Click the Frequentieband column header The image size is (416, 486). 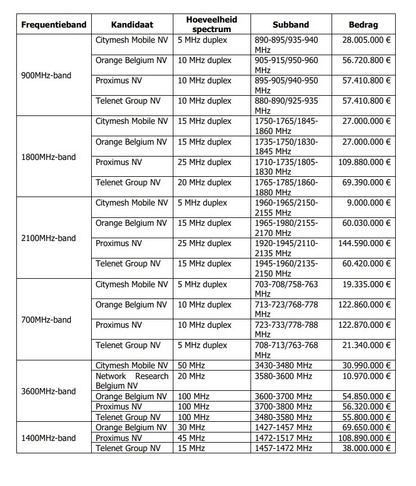pos(53,25)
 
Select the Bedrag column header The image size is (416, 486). pos(363,25)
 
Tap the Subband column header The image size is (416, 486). pos(290,25)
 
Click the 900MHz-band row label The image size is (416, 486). pos(46,75)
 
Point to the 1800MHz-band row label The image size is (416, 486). pos(48,157)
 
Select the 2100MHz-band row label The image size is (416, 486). pos(48,238)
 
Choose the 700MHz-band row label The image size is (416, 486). pos(46,319)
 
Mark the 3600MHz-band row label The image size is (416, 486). pos(48,391)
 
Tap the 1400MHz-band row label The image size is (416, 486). pos(48,438)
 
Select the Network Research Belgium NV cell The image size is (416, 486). pos(132,381)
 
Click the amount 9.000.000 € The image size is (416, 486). pos(369,203)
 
